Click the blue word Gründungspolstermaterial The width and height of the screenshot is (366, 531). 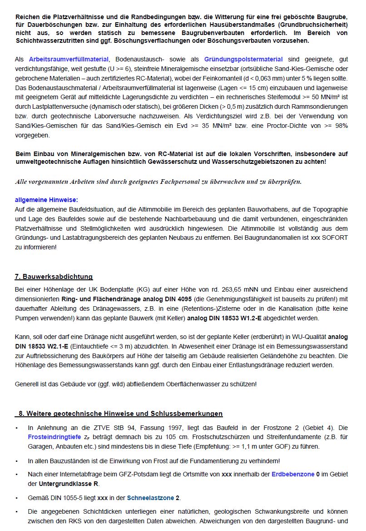tap(243, 59)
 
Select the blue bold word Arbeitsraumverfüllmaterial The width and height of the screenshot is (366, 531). tap(69, 59)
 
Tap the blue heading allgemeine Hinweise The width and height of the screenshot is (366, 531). tap(46, 200)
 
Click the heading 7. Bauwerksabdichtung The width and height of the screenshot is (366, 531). tap(54, 277)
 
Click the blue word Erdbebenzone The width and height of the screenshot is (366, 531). tap(293, 474)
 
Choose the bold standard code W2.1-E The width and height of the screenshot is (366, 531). tap(54, 346)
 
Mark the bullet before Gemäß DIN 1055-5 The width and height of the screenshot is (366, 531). tap(17, 498)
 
